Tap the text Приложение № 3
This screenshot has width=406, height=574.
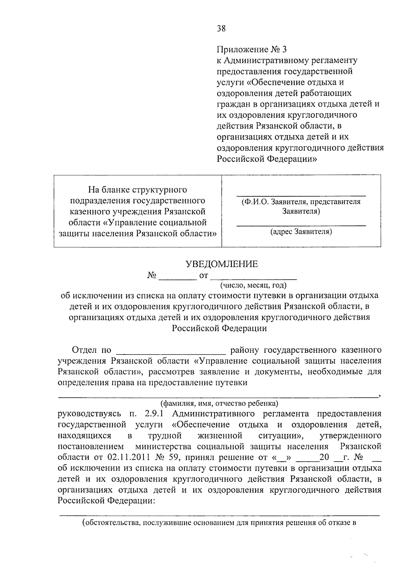(x=251, y=50)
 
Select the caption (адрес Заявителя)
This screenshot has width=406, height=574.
(x=301, y=232)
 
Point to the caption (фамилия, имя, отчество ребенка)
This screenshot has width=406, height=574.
(x=219, y=403)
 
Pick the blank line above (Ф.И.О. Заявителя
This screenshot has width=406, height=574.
(x=301, y=195)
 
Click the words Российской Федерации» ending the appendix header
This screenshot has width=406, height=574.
(x=267, y=159)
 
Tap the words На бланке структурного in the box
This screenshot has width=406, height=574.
(x=137, y=190)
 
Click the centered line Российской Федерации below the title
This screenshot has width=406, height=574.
(x=219, y=328)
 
